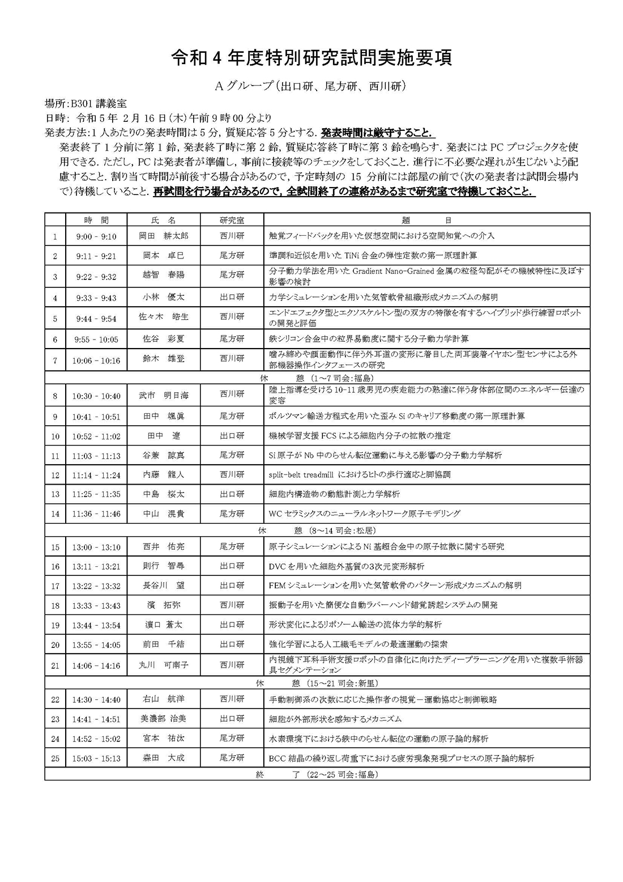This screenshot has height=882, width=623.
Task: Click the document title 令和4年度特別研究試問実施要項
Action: (x=311, y=58)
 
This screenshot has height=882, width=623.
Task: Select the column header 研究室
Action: (x=232, y=220)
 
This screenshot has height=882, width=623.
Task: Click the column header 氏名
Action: (x=164, y=220)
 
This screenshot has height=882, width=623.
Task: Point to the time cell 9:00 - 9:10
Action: (x=96, y=236)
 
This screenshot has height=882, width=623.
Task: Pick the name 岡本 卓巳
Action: (x=164, y=256)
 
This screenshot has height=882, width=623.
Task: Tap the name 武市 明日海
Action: (x=164, y=395)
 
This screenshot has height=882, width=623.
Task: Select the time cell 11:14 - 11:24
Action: (x=96, y=475)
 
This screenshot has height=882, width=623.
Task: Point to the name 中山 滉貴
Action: (x=164, y=514)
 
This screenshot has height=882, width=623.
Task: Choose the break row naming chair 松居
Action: (x=317, y=531)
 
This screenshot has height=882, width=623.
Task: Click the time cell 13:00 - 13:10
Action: (x=96, y=547)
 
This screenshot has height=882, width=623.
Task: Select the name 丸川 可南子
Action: (x=164, y=665)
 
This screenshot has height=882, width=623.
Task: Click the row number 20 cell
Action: (x=55, y=645)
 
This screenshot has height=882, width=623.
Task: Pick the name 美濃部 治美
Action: (x=164, y=719)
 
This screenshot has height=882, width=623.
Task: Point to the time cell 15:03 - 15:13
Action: (x=96, y=758)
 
